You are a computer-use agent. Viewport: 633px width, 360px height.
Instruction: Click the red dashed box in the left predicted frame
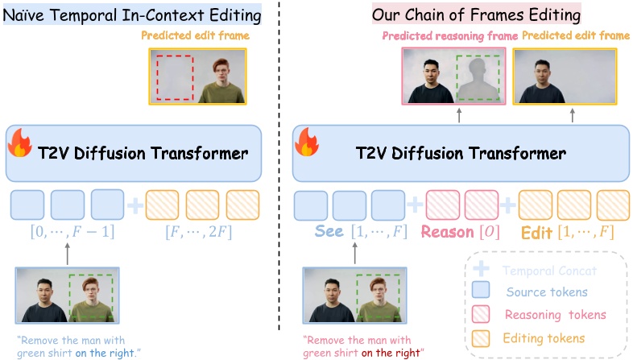[174, 77]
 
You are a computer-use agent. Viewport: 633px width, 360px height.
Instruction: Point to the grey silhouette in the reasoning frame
[478, 81]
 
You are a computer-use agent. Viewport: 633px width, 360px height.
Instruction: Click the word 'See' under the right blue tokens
[329, 232]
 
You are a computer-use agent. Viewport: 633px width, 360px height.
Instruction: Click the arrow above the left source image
[67, 253]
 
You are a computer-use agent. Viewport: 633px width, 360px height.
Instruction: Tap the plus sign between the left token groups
[135, 205]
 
